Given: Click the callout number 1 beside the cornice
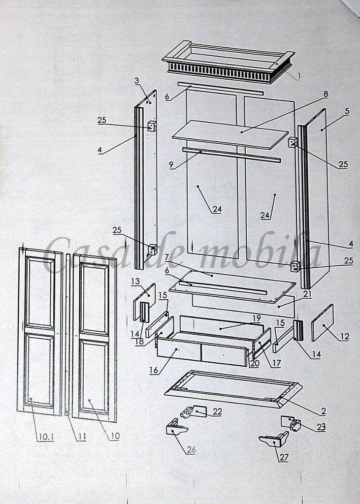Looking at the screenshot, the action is coord(299,76).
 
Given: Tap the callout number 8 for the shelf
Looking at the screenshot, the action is coord(326,94).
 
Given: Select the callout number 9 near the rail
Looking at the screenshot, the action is coord(171,165).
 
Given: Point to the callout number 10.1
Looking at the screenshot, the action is coord(46,437).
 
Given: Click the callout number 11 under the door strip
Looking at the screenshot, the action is coord(82,437).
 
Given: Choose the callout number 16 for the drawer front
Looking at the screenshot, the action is coord(154,370).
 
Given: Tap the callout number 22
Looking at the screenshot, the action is coord(217,412).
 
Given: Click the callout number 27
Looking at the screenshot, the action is coord(284,457).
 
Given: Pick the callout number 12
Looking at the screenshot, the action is coord(345,336).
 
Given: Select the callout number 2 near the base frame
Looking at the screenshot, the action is coord(324,411).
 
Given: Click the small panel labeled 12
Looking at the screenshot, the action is coord(323,322).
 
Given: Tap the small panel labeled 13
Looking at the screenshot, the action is coord(144,301).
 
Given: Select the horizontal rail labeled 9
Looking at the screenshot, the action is coord(231,155).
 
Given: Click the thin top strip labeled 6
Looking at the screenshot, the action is coord(221,89).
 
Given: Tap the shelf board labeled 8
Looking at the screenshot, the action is coord(230,135).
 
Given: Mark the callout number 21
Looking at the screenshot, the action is coord(307,293).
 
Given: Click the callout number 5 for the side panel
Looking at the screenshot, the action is coord(347,111).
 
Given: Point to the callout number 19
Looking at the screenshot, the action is coord(257,318).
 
